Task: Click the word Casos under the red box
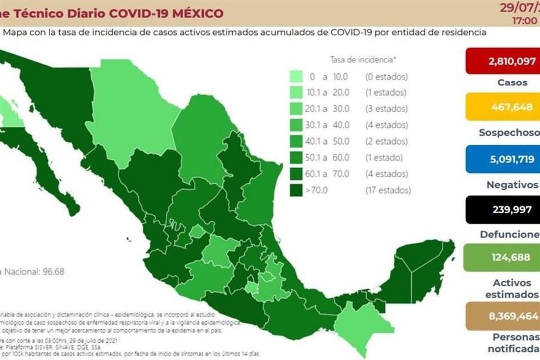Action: [x=512, y=83]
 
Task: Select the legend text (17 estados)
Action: [x=388, y=190]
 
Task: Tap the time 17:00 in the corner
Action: [x=525, y=21]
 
